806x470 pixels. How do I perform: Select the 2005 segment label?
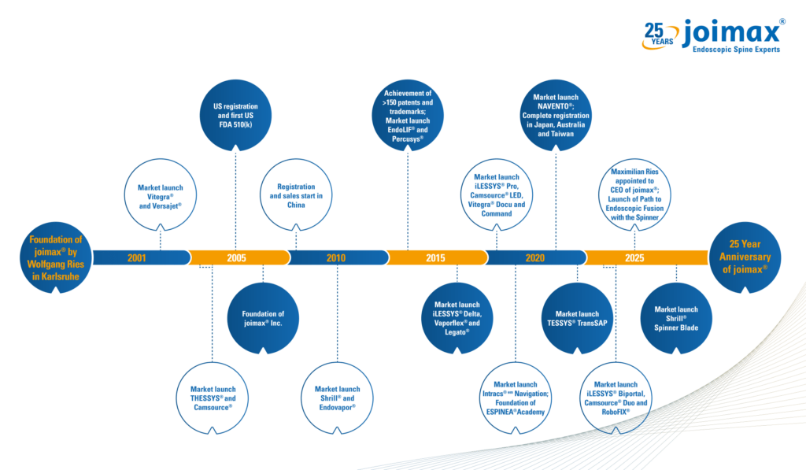(236, 257)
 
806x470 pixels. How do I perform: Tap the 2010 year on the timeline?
(336, 257)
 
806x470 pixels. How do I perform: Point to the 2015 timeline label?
(435, 257)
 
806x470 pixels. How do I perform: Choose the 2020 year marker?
(534, 257)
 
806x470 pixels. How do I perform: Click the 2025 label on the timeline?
(634, 257)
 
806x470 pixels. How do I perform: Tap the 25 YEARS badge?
(656, 33)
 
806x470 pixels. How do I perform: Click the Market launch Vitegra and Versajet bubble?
(160, 194)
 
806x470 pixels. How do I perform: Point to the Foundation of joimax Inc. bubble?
(262, 318)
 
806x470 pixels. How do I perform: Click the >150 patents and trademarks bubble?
(408, 115)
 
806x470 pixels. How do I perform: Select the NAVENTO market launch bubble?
(556, 115)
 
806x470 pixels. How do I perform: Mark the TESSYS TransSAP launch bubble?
(577, 318)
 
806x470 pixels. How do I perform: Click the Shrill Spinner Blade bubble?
(676, 318)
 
